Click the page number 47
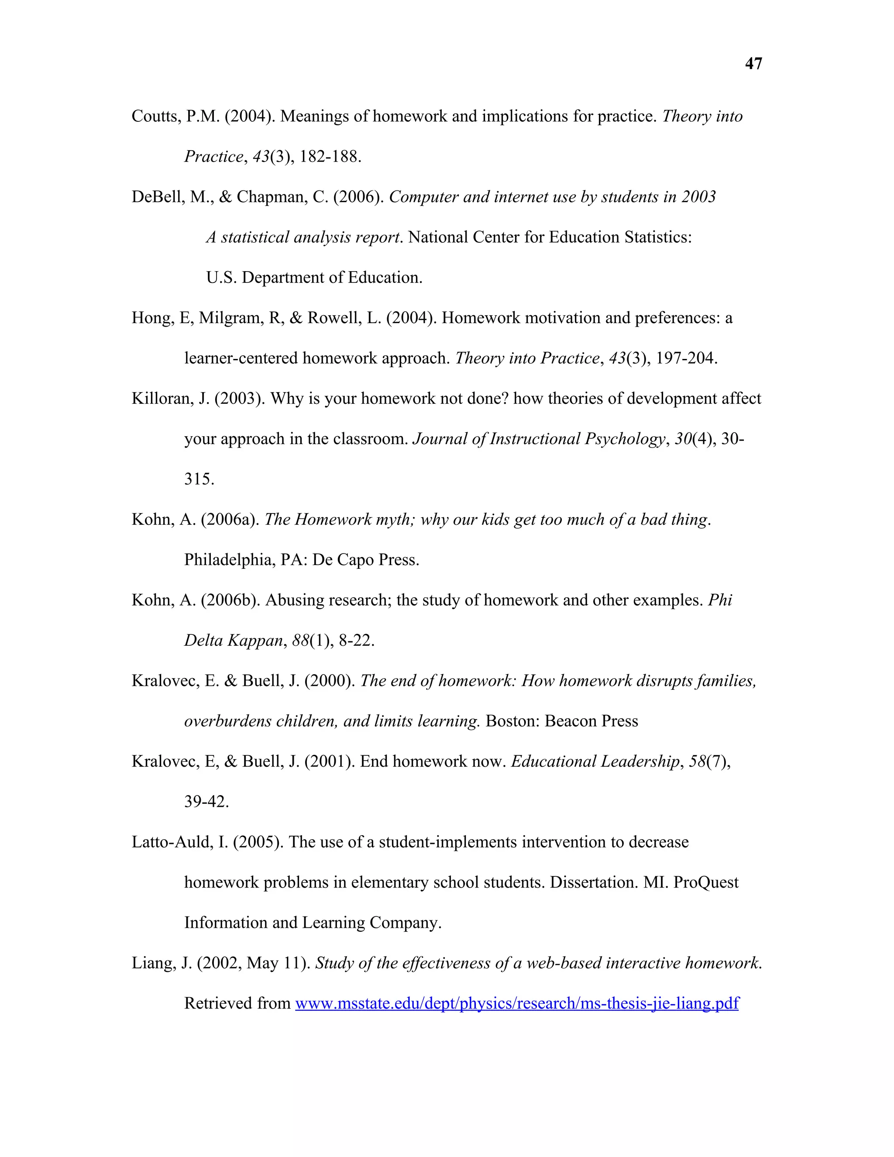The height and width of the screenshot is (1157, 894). tap(753, 64)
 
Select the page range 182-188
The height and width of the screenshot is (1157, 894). tap(330, 157)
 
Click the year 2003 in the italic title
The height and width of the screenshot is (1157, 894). tap(698, 197)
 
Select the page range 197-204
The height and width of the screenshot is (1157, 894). tap(686, 358)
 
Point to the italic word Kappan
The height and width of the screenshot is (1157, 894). tap(256, 640)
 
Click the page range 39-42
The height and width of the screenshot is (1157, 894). tap(206, 802)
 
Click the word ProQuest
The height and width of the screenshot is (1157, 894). tap(705, 882)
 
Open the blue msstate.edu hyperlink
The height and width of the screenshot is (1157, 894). tap(516, 1003)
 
